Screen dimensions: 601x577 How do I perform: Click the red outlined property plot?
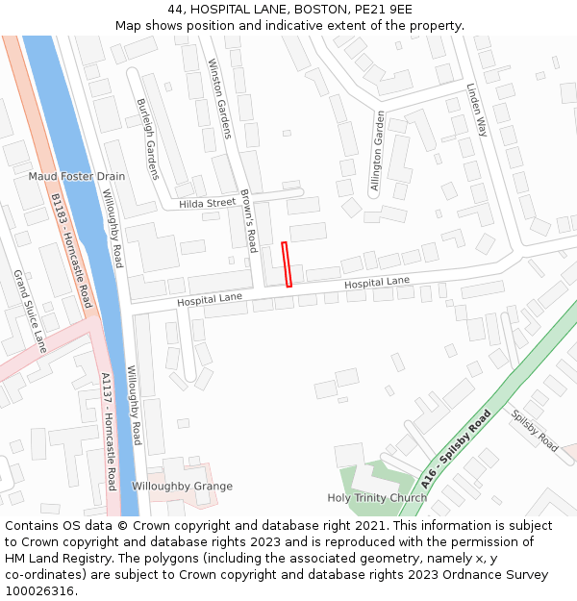coord(286,264)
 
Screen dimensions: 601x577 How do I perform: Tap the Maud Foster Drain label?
coord(77,177)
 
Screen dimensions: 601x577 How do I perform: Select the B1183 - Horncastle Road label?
coord(71,251)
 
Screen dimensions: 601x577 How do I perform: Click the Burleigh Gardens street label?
coord(147,138)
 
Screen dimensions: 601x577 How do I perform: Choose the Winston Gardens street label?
coord(219,98)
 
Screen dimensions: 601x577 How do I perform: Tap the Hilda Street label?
coord(207,203)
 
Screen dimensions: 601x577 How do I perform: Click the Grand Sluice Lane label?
coord(30,311)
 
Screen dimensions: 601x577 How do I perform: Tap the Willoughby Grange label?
coord(182,487)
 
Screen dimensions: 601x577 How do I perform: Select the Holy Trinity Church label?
coord(377,498)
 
